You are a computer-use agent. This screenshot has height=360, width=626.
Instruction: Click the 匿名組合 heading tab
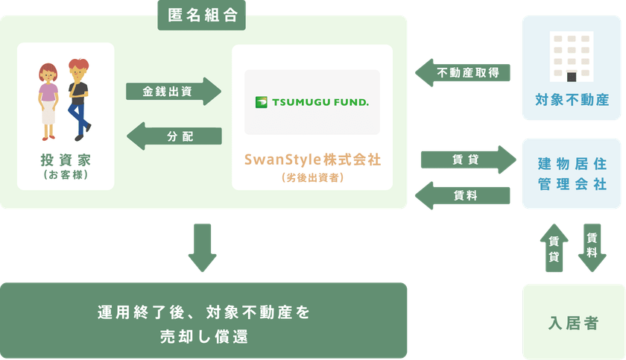pyautogui.click(x=202, y=15)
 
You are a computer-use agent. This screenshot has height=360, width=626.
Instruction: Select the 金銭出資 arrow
pyautogui.click(x=174, y=92)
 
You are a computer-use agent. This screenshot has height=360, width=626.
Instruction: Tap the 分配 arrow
pyautogui.click(x=174, y=136)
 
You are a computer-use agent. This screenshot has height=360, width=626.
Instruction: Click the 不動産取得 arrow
pyautogui.click(x=463, y=72)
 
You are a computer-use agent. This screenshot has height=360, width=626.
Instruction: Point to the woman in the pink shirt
pyautogui.click(x=48, y=102)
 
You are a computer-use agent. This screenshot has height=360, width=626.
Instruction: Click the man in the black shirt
pyautogui.click(x=79, y=100)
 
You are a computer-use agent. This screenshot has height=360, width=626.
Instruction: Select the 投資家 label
pyautogui.click(x=66, y=160)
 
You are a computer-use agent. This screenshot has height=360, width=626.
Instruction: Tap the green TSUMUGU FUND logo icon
pyautogui.click(x=261, y=102)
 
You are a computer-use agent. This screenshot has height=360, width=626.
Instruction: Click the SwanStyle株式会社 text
pyautogui.click(x=312, y=160)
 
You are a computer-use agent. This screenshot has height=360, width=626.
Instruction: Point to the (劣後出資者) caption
pyautogui.click(x=312, y=177)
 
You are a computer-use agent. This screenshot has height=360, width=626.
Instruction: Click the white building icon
pyautogui.click(x=572, y=57)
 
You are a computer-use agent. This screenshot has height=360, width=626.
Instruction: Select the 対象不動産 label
pyautogui.click(x=572, y=100)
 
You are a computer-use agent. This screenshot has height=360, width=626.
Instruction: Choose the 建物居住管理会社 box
pyautogui.click(x=572, y=174)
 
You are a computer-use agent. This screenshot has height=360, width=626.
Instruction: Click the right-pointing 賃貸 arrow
pyautogui.click(x=469, y=160)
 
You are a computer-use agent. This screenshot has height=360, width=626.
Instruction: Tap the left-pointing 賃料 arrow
pyautogui.click(x=463, y=195)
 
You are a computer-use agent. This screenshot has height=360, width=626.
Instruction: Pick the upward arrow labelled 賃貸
pyautogui.click(x=554, y=248)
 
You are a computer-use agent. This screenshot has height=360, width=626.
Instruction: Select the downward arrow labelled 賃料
pyautogui.click(x=592, y=248)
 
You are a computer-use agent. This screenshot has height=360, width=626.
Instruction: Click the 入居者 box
pyautogui.click(x=573, y=322)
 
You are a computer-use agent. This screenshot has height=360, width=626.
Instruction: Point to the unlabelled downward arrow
pyautogui.click(x=203, y=248)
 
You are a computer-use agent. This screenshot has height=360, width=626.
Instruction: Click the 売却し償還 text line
pyautogui.click(x=204, y=337)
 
